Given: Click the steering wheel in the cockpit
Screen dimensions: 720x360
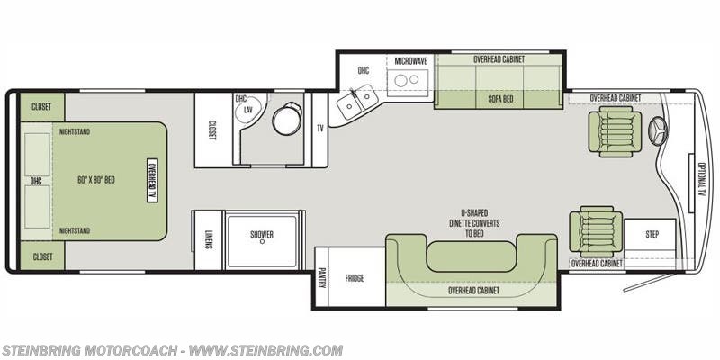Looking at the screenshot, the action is [x=658, y=131].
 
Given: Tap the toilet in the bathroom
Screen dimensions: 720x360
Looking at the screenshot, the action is [x=287, y=119].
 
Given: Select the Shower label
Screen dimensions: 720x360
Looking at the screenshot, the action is [x=262, y=234].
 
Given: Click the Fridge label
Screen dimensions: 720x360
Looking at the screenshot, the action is [x=355, y=278].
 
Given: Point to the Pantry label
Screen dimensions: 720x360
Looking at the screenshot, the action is [x=321, y=278].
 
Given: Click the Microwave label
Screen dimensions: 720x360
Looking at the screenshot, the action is [x=411, y=61].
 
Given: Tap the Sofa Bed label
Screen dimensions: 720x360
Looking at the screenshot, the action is [x=500, y=99].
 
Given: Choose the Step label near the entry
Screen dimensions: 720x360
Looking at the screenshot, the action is [x=652, y=234].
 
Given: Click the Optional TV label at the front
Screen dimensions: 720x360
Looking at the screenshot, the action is [x=701, y=179].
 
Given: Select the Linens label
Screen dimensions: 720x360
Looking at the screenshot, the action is [x=209, y=239].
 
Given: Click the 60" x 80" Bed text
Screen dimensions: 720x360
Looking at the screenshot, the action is [x=96, y=180].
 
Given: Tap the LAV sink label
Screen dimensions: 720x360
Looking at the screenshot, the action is [x=248, y=110].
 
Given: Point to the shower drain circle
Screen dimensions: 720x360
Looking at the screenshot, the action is [x=262, y=241].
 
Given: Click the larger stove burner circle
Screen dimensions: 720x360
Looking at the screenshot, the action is [x=401, y=81].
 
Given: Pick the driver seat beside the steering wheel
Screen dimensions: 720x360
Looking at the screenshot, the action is [x=616, y=131].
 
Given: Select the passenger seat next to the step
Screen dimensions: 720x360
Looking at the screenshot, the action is [x=596, y=231].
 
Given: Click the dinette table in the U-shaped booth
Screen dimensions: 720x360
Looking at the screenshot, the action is [x=472, y=256].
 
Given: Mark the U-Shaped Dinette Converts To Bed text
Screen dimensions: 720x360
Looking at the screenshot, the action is [x=475, y=223].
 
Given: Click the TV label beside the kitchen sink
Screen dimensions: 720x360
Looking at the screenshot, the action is [x=320, y=129].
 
